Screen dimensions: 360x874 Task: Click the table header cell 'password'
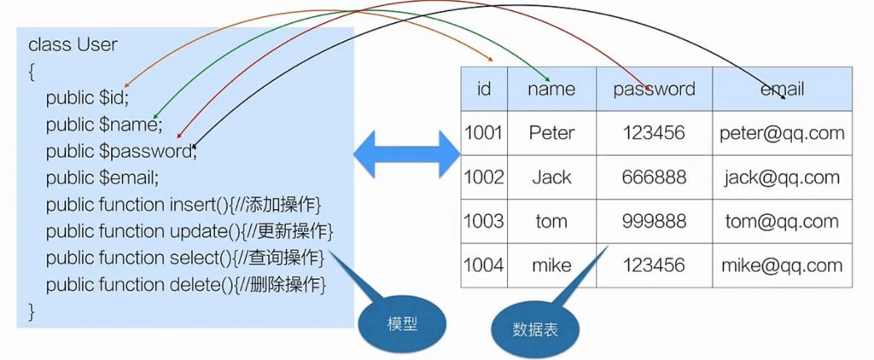(x=654, y=89)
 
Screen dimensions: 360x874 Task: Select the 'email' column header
(x=782, y=89)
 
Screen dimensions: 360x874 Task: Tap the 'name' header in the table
(x=551, y=89)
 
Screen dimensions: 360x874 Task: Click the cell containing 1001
(x=484, y=133)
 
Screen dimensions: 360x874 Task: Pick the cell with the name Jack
(x=551, y=177)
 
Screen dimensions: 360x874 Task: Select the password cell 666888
(x=654, y=177)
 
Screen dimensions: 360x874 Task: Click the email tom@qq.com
(x=782, y=221)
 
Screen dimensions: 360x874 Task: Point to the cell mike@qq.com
(x=782, y=265)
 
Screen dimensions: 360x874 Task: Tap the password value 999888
(x=654, y=221)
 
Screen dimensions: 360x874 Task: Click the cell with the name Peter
(x=551, y=133)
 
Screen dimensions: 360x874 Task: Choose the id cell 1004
(x=484, y=265)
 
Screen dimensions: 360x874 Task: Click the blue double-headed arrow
(x=407, y=154)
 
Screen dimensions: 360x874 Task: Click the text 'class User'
(x=73, y=44)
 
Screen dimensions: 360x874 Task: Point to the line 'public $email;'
(x=102, y=178)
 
